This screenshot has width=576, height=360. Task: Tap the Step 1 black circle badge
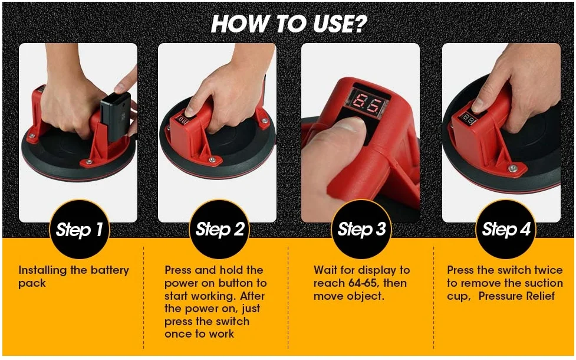pyautogui.click(x=80, y=229)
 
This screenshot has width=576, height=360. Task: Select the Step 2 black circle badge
pyautogui.click(x=219, y=229)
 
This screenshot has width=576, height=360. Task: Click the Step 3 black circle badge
pyautogui.click(x=361, y=229)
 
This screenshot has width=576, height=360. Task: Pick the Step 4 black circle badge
pyautogui.click(x=506, y=229)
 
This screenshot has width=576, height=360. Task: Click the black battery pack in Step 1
pyautogui.click(x=116, y=116)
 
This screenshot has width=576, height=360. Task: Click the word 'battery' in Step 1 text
pyautogui.click(x=110, y=271)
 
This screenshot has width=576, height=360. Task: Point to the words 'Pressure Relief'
pyautogui.click(x=516, y=296)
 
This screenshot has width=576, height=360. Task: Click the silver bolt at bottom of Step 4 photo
pyautogui.click(x=512, y=168)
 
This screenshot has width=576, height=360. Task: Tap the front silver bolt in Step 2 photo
pyautogui.click(x=212, y=159)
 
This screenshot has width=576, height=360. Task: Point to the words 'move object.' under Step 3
pyautogui.click(x=348, y=296)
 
